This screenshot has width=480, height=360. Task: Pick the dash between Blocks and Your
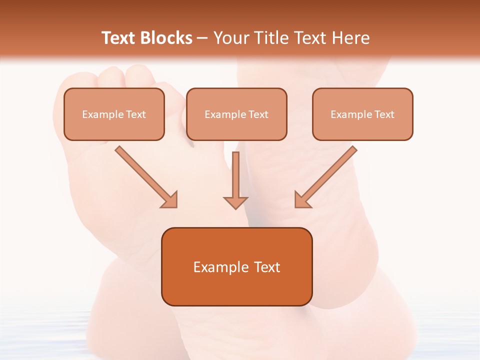[x=202, y=38]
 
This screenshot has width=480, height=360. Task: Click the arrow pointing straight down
[x=236, y=177]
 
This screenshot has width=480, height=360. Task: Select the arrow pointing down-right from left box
[x=145, y=176]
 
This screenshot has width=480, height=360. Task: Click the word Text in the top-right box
[x=384, y=114]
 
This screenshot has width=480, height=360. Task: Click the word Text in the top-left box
[x=136, y=114]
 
